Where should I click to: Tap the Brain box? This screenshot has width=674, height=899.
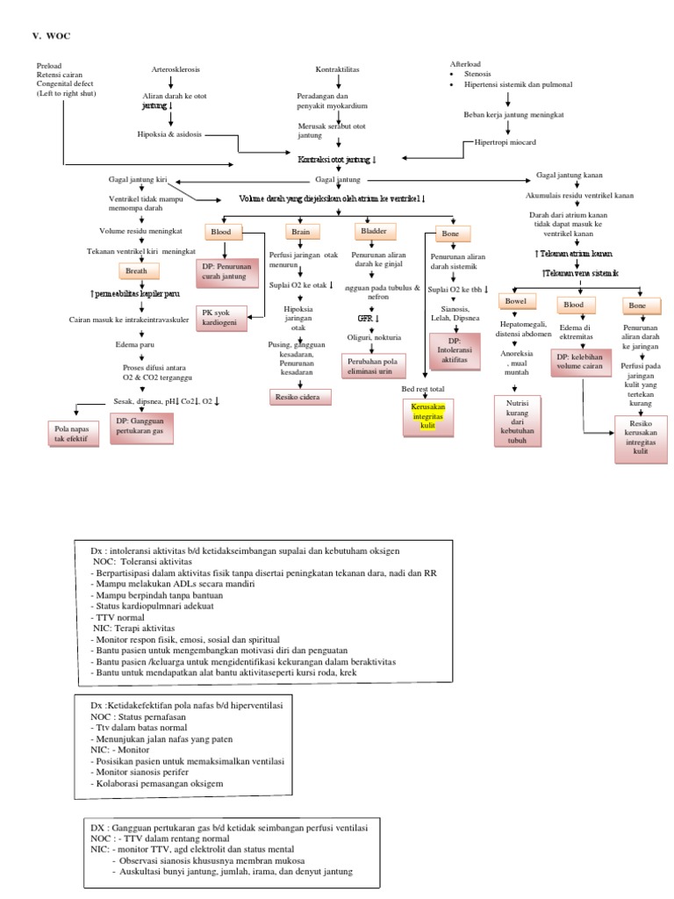coord(300,232)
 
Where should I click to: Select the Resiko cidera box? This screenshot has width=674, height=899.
coord(299,398)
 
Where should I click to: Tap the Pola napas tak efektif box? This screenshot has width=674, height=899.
coord(71,432)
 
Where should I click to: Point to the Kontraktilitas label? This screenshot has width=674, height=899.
coord(338,68)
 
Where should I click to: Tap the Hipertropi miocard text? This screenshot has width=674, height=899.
coord(505,140)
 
